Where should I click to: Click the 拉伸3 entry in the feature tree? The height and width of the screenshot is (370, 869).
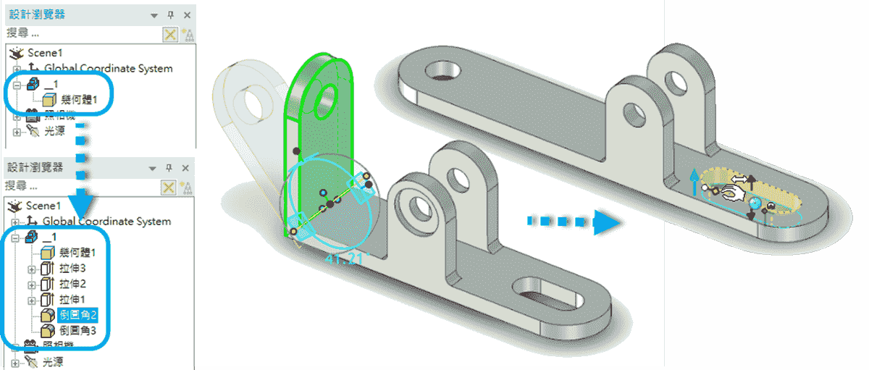[73, 269]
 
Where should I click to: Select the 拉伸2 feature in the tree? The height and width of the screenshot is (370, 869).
[73, 283]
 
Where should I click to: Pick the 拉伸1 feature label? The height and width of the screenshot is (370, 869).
[73, 299]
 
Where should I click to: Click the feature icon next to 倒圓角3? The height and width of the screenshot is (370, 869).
[48, 330]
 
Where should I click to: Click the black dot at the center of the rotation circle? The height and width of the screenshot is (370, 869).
[329, 205]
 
